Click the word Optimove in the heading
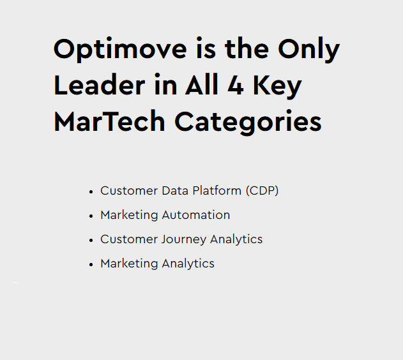(120, 49)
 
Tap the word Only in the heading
(309, 49)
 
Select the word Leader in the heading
(100, 85)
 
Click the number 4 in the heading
(236, 85)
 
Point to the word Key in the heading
(278, 86)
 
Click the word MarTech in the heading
(109, 121)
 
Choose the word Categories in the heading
(248, 122)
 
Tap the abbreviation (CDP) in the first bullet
(262, 191)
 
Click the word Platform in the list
(217, 191)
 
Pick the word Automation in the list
(196, 215)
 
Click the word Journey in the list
(184, 240)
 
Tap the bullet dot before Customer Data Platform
(91, 192)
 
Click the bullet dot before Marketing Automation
(91, 216)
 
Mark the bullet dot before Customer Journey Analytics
(91, 241)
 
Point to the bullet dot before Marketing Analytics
(91, 265)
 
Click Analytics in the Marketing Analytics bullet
(188, 264)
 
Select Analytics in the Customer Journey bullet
(236, 240)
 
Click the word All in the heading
(202, 84)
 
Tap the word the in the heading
(247, 49)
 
